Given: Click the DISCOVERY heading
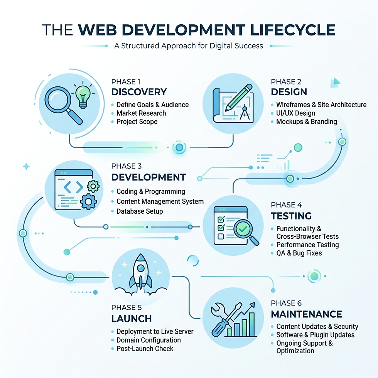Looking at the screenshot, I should pos(139,92).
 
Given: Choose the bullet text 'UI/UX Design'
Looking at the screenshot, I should pos(295,113).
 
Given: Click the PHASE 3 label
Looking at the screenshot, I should pos(126,166).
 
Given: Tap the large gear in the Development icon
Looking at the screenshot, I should pos(89,201).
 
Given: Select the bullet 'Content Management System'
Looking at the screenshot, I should pos(160,201).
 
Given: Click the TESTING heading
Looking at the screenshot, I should pos(291,216).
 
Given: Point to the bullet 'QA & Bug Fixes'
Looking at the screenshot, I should pos(299,253).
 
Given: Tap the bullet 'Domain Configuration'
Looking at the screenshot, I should pos(148,340).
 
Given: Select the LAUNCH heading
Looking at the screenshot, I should pos(131,319).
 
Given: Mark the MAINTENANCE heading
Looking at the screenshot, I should pos(306,314).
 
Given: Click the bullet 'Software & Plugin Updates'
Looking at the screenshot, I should pos(315,335).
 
